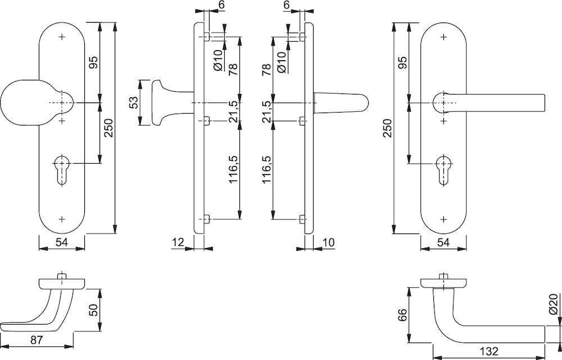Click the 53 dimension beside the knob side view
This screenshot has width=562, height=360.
133,102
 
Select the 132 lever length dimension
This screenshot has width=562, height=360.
489,351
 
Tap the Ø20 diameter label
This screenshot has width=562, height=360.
553,304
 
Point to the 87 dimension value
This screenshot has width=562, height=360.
36,340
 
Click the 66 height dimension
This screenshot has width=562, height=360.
402,315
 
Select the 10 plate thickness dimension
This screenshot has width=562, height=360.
328,242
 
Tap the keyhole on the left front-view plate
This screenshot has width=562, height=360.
62,170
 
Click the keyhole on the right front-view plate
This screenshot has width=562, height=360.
444,170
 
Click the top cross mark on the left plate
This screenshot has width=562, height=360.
62,37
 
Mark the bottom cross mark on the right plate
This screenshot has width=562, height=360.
444,218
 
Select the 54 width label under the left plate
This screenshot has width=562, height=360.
62,242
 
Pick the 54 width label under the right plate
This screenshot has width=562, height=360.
443,242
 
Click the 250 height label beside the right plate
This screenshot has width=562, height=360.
388,128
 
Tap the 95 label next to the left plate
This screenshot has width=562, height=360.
93,63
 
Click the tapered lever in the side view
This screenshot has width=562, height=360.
341,103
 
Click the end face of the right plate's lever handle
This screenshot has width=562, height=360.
544,102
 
